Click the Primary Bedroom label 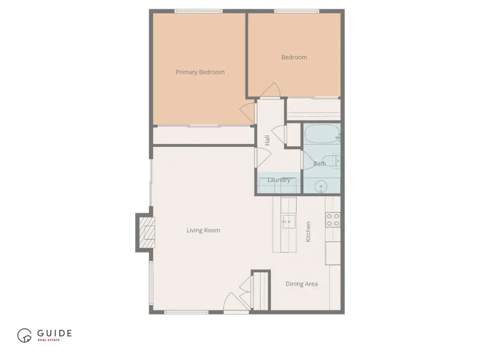(200, 72)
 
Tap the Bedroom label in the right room (294, 57)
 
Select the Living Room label (203, 231)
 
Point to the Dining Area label (301, 284)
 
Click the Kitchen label (308, 232)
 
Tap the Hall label (267, 140)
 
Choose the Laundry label (278, 180)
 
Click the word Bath (320, 164)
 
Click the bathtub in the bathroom (322, 134)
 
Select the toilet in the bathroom (331, 161)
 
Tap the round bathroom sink (321, 187)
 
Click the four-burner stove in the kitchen (333, 220)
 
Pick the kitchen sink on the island (288, 222)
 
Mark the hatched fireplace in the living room (147, 232)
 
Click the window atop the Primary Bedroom (199, 11)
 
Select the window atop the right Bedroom (297, 11)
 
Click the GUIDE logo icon (24, 336)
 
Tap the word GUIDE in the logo (54, 333)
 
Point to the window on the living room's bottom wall (187, 312)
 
